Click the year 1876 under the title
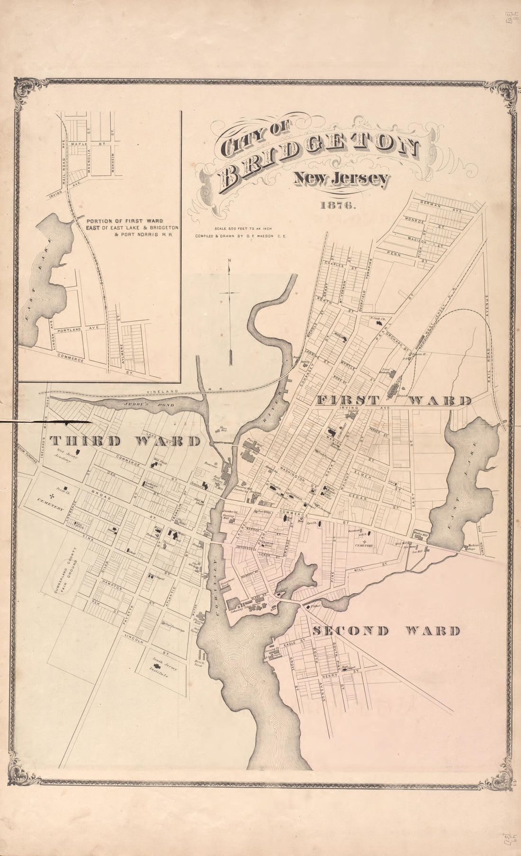tap(338, 206)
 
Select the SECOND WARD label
tap(386, 631)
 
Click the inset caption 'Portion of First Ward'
tap(125, 221)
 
